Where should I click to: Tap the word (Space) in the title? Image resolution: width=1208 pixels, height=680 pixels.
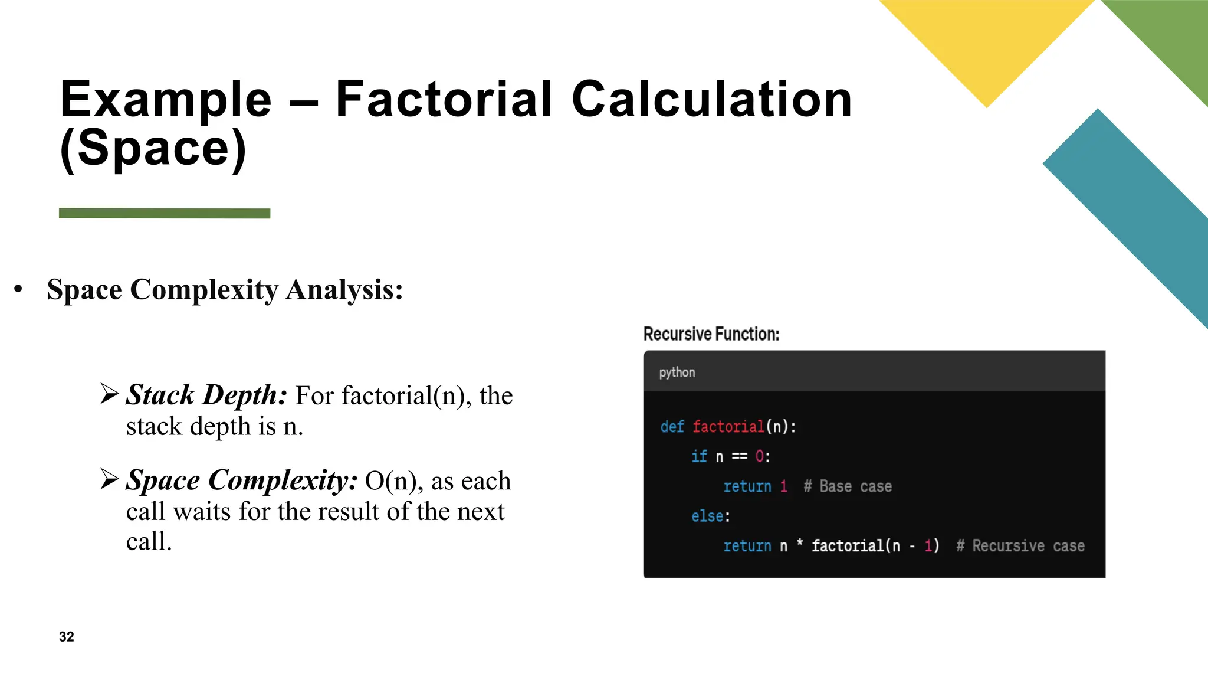[153, 149]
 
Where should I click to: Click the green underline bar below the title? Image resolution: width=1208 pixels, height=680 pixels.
[165, 213]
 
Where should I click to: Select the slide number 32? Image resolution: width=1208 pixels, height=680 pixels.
[67, 636]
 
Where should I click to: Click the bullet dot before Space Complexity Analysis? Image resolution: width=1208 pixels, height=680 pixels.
[18, 289]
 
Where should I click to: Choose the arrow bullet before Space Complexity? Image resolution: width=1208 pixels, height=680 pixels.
[110, 479]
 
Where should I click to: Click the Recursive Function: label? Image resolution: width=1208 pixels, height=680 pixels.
[711, 334]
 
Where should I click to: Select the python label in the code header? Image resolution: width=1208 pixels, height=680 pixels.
[677, 372]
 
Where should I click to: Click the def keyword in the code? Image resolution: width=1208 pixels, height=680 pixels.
[672, 427]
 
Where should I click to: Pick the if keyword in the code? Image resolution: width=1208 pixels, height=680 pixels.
[699, 456]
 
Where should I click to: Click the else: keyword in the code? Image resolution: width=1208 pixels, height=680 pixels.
[710, 516]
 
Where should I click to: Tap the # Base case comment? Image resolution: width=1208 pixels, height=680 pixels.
[847, 486]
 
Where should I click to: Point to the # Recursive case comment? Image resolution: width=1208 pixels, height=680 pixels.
[1020, 546]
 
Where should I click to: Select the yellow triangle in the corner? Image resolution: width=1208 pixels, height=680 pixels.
[987, 41]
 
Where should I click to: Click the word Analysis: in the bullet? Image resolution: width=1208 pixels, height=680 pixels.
[344, 290]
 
